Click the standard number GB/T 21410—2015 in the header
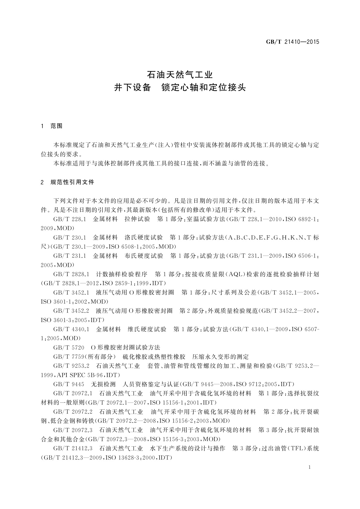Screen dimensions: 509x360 292,42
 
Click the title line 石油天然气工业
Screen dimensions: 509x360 180,74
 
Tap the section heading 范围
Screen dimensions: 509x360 57,126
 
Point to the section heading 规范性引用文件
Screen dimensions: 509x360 73,182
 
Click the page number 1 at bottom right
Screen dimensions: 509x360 310,467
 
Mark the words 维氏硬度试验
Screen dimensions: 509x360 147,329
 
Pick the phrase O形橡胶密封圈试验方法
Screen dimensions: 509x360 125,348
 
